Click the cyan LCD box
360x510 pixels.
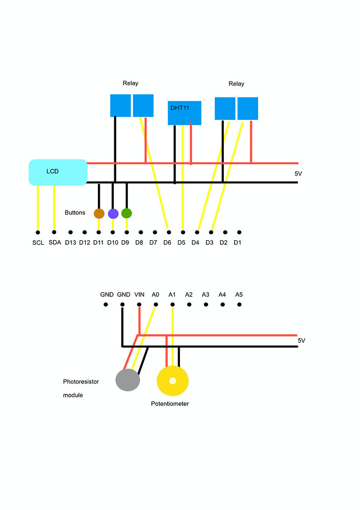pos(58,172)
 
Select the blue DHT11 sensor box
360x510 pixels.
pos(185,113)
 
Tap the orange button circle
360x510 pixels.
pos(99,213)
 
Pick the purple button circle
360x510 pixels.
pos(113,213)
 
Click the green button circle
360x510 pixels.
pos(126,213)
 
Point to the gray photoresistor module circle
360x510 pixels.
pos(127,380)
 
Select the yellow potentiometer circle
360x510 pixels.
pos(173,381)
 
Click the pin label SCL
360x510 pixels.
pos(38,243)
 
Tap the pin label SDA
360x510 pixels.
pos(55,243)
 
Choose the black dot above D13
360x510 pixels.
pos(70,232)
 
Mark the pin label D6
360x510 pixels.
pos(167,243)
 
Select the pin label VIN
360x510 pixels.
pos(139,295)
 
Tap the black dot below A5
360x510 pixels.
pos(239,304)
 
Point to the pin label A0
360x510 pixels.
pos(156,295)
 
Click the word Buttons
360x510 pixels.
pos(75,213)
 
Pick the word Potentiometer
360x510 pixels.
pos(170,404)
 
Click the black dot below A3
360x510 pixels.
pos(206,304)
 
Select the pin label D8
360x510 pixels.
pos(139,243)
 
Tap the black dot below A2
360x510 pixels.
pos(189,304)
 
